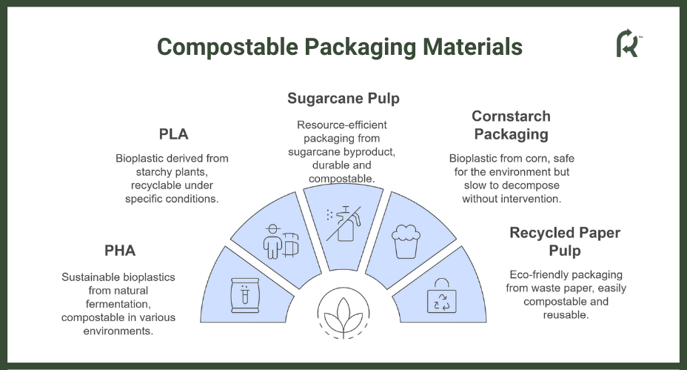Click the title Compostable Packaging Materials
[340, 47]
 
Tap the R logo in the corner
[629, 43]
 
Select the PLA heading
[173, 134]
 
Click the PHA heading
[120, 251]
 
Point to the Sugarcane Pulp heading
[343, 99]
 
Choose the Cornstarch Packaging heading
[512, 125]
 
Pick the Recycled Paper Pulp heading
[565, 242]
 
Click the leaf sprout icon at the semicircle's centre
[343, 314]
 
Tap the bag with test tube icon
[245, 295]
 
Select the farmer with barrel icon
[281, 242]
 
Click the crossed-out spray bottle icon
[344, 224]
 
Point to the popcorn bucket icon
[406, 242]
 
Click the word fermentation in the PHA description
[118, 304]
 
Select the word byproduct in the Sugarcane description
[372, 152]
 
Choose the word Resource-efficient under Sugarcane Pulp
[342, 125]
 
